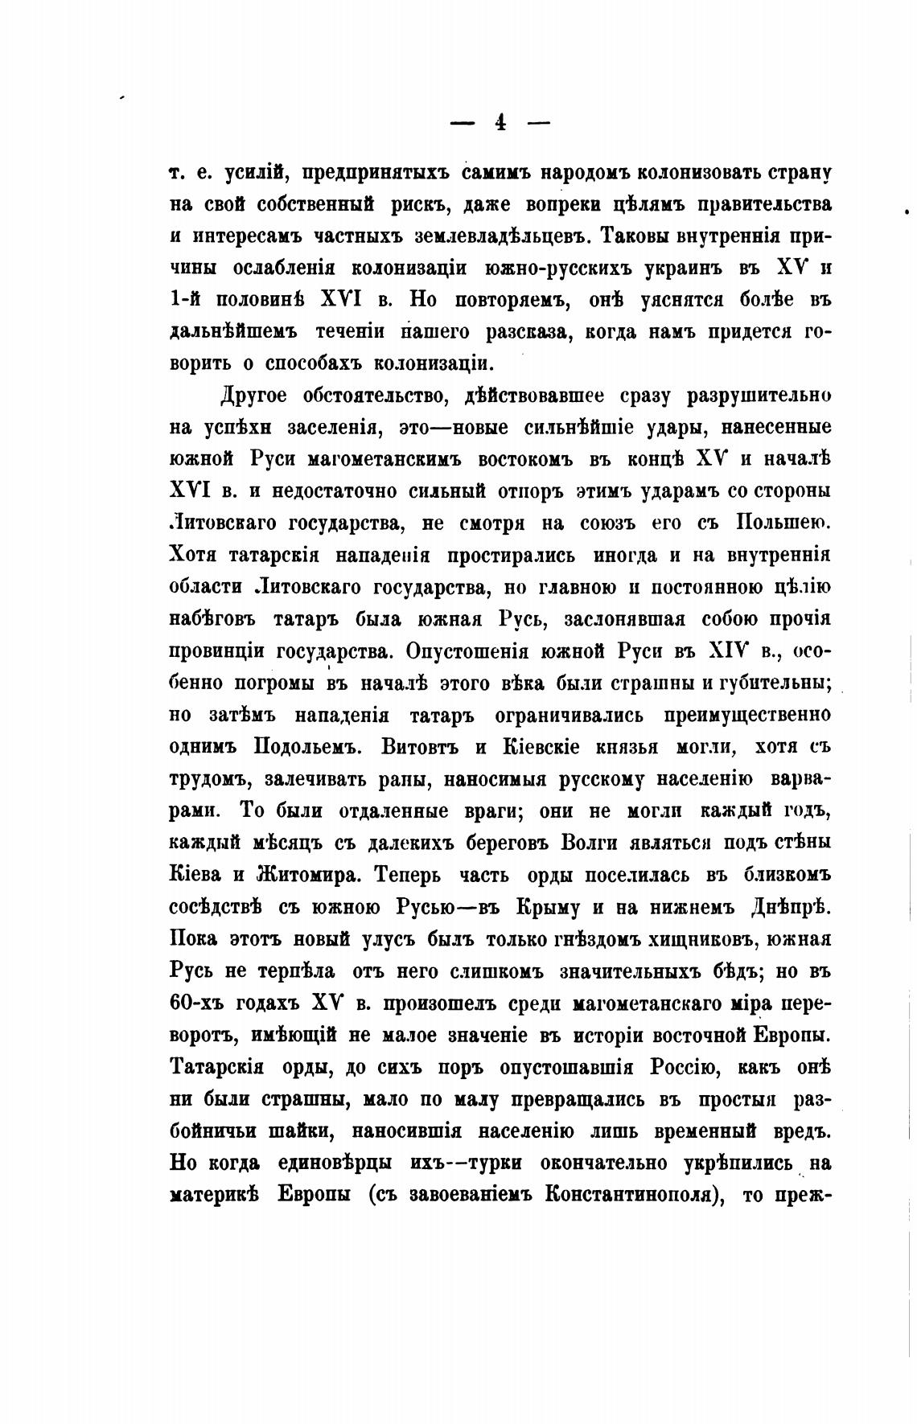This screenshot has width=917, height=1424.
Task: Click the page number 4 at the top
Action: (x=500, y=123)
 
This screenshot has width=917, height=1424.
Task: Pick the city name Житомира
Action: (x=293, y=875)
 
